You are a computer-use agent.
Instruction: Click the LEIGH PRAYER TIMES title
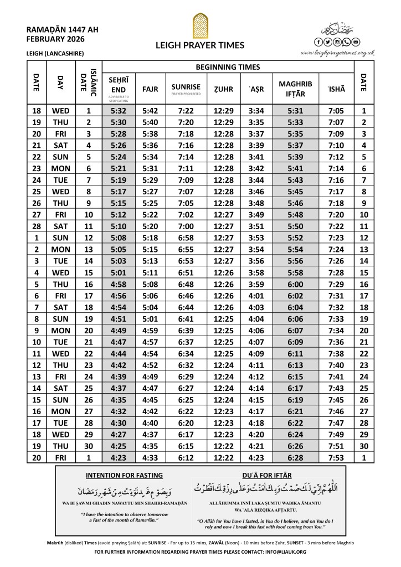(x=200, y=47)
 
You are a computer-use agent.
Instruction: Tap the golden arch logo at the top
(x=200, y=25)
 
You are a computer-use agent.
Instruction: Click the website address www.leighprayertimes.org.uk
(x=337, y=53)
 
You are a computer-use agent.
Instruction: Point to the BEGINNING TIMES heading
(x=228, y=67)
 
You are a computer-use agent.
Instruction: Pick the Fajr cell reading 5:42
(x=151, y=111)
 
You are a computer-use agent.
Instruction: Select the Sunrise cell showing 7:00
(x=186, y=226)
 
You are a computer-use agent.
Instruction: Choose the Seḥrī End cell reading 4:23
(x=119, y=457)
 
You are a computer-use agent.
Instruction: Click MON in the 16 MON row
(x=60, y=411)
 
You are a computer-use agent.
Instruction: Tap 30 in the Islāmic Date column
(x=88, y=446)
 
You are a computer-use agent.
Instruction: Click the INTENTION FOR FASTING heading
(x=124, y=475)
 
